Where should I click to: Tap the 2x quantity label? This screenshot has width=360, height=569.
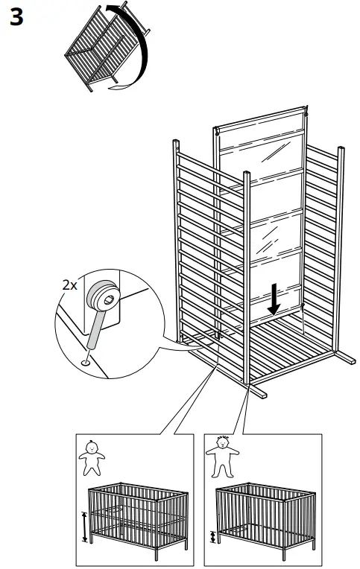coord(70,284)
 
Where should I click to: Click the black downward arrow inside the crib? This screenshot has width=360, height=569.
coord(275,299)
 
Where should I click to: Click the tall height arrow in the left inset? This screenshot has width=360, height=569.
coord(85,526)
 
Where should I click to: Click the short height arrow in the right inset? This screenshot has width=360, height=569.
coord(214,536)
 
